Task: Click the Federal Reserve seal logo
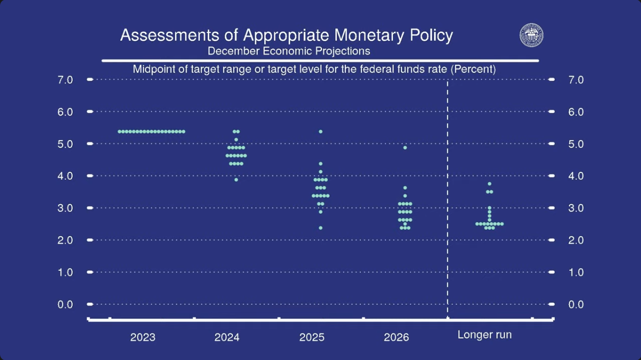click(531, 35)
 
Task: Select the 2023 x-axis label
click(143, 337)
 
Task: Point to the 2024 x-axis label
click(227, 337)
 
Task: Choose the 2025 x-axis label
click(312, 337)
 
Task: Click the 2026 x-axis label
click(396, 337)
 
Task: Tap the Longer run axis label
click(484, 335)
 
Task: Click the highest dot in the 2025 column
click(321, 131)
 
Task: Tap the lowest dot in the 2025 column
click(321, 228)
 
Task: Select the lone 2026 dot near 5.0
click(405, 147)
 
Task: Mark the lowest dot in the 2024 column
click(236, 180)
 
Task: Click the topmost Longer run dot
click(489, 183)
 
